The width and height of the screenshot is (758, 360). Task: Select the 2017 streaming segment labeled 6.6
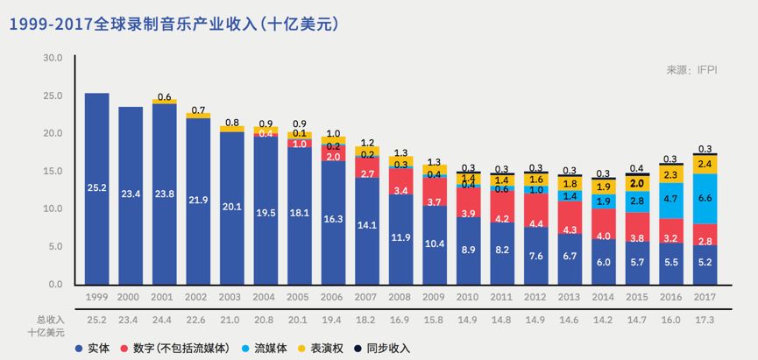click(705, 199)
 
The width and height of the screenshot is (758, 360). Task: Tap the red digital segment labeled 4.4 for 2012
click(536, 223)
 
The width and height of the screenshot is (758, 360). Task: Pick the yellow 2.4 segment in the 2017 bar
click(705, 165)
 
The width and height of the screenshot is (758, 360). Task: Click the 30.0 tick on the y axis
click(53, 58)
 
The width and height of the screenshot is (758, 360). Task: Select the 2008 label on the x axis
click(400, 298)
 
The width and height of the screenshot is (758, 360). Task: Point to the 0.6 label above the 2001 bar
click(164, 97)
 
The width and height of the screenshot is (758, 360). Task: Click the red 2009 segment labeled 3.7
click(435, 202)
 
